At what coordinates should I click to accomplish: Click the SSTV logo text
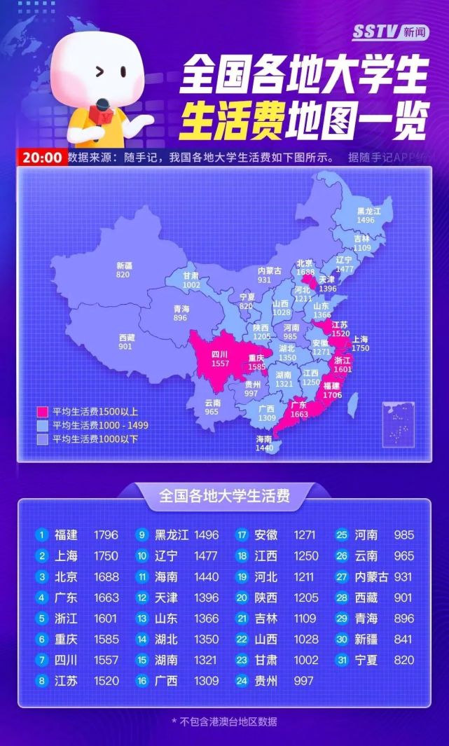(375, 32)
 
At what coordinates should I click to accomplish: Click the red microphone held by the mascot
(99, 112)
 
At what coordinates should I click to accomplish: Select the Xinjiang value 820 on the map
(124, 275)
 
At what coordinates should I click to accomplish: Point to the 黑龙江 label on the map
(368, 211)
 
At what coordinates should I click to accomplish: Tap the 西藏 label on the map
(127, 338)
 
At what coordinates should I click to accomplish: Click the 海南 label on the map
(264, 439)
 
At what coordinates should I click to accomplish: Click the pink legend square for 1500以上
(42, 412)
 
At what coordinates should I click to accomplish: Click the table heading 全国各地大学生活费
(224, 497)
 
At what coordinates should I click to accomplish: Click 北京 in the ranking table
(66, 577)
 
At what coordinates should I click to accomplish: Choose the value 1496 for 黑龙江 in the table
(206, 535)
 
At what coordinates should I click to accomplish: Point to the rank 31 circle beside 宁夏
(343, 660)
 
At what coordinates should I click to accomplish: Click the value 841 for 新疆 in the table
(403, 639)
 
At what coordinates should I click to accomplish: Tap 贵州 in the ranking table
(266, 681)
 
